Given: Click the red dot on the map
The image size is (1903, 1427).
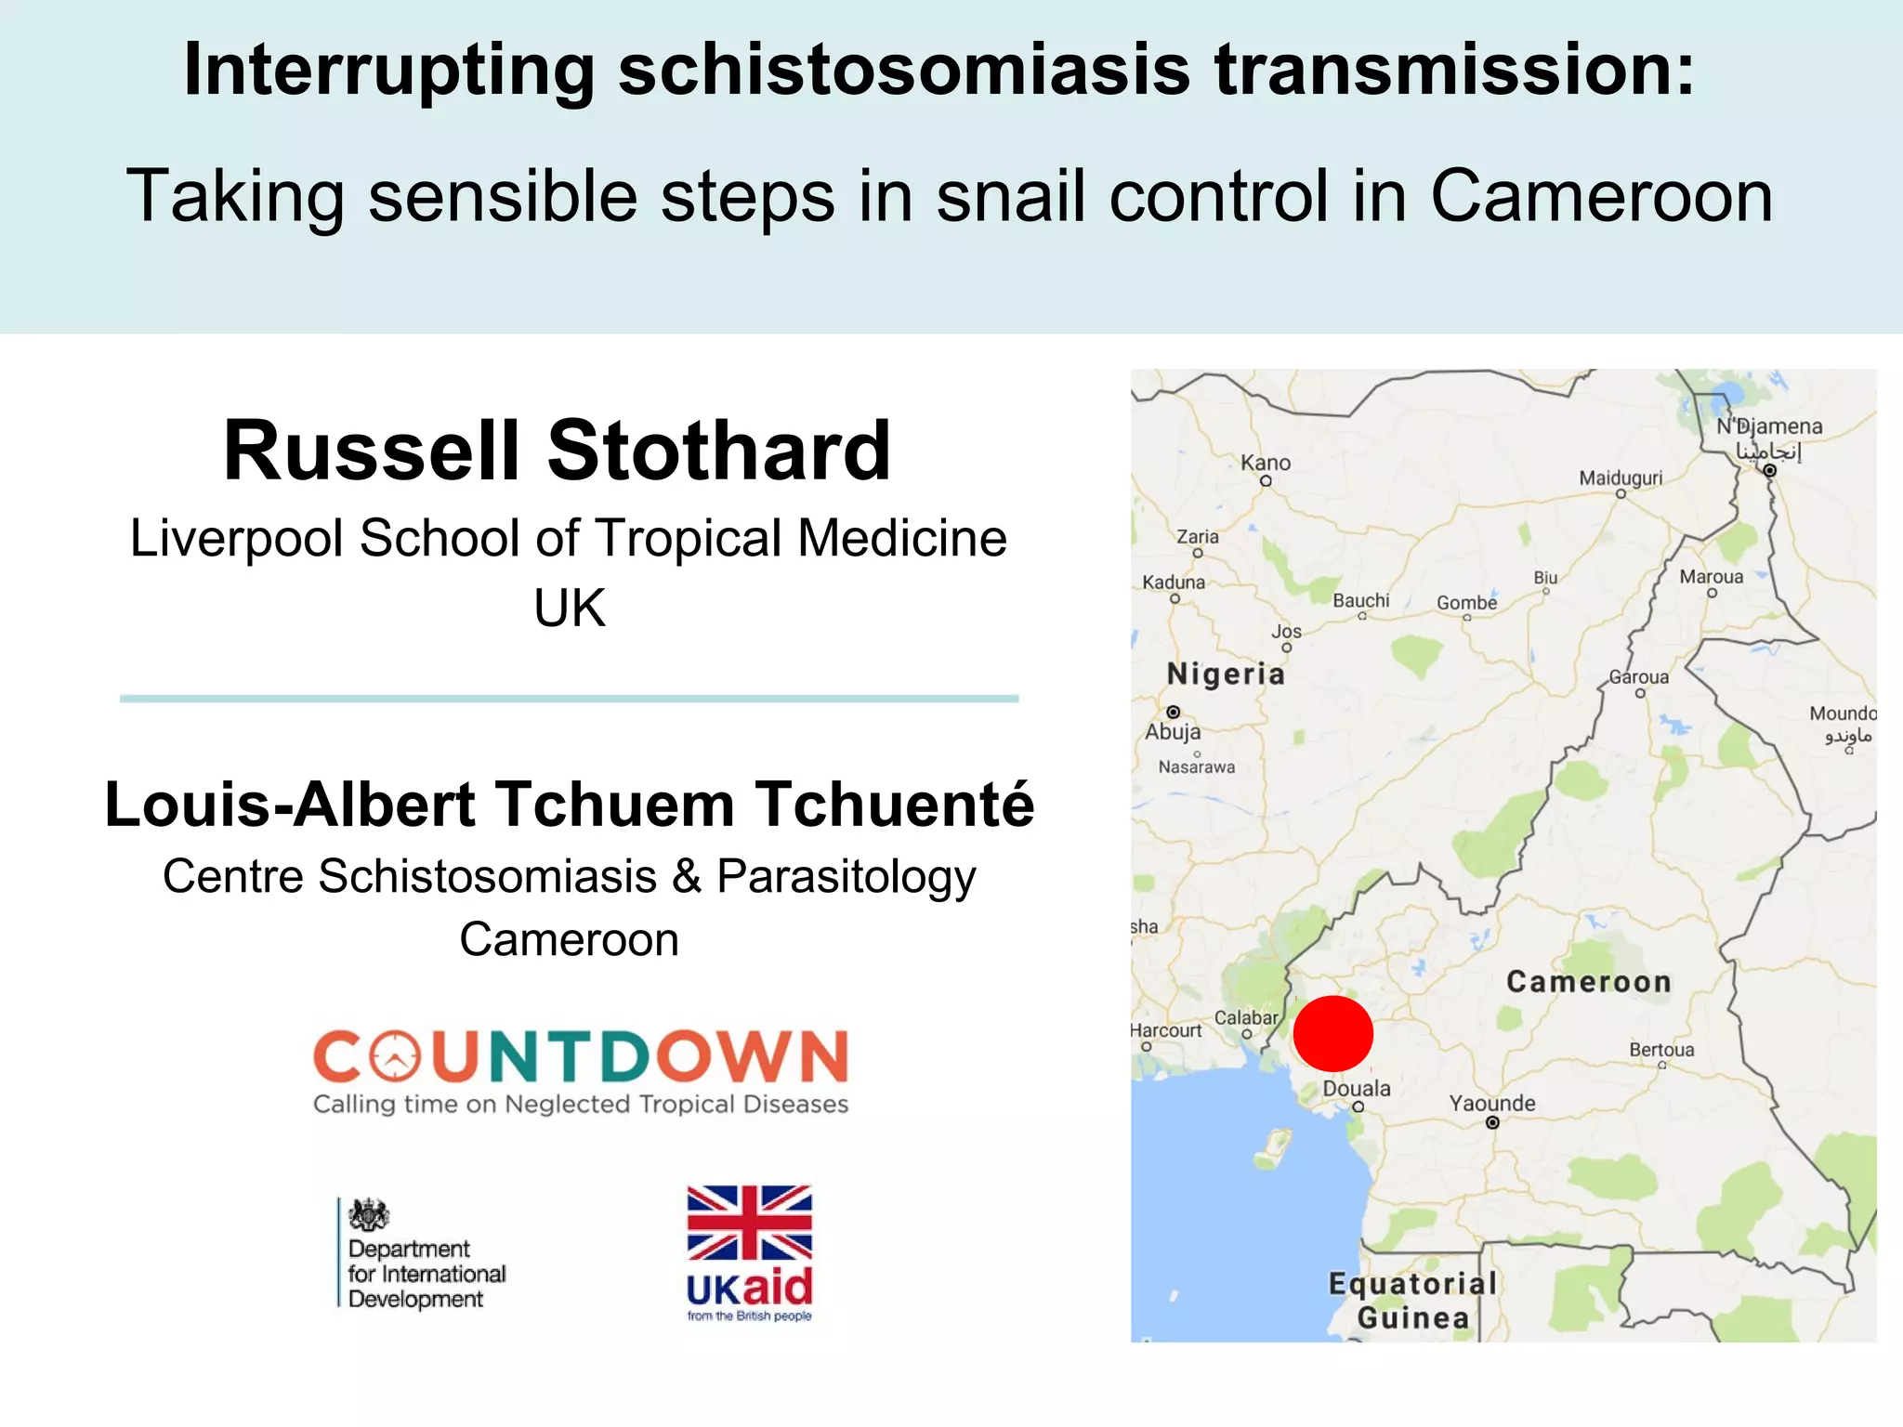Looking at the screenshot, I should pyautogui.click(x=1332, y=1033).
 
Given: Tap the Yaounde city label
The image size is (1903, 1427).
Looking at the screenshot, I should pyautogui.click(x=1492, y=1104).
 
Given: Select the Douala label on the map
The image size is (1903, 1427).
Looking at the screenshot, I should pyautogui.click(x=1357, y=1089).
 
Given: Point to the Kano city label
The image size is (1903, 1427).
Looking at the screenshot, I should pyautogui.click(x=1266, y=463).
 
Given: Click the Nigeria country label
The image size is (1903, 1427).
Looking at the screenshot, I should pyautogui.click(x=1226, y=674).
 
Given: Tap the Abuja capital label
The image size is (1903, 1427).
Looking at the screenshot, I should pyautogui.click(x=1173, y=732).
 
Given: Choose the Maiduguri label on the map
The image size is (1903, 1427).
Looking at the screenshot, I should pyautogui.click(x=1621, y=478).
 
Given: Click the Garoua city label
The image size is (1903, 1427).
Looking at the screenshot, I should pyautogui.click(x=1639, y=677).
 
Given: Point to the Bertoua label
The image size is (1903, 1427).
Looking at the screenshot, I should pyautogui.click(x=1661, y=1050).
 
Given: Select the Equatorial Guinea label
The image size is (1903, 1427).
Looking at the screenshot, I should pyautogui.click(x=1412, y=1301).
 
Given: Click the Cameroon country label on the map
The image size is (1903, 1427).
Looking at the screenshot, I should pyautogui.click(x=1588, y=982).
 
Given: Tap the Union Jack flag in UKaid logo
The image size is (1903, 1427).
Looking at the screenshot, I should pyautogui.click(x=749, y=1223).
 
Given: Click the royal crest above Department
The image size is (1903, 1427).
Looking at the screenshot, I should pyautogui.click(x=369, y=1214).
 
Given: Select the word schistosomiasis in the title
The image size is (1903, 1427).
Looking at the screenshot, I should pyautogui.click(x=903, y=70).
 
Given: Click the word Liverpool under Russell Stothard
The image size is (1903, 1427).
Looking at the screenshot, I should pyautogui.click(x=237, y=539).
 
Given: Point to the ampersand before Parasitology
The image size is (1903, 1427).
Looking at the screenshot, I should pyautogui.click(x=687, y=876).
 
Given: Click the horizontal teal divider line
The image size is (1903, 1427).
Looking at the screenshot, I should pyautogui.click(x=569, y=698).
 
